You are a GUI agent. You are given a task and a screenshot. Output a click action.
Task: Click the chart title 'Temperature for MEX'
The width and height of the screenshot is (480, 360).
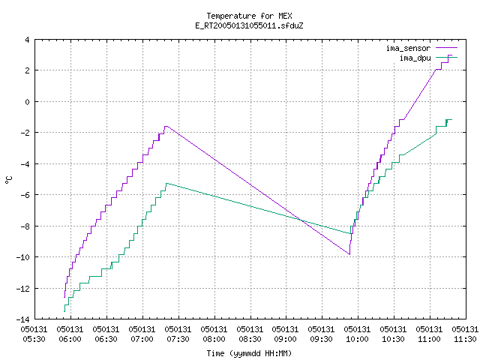pyautogui.click(x=249, y=16)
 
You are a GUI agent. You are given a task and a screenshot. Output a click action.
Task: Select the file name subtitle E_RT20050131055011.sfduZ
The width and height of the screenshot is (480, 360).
pyautogui.click(x=249, y=25)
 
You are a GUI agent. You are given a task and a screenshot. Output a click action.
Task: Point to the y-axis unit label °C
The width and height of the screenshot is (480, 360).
pyautogui.click(x=8, y=180)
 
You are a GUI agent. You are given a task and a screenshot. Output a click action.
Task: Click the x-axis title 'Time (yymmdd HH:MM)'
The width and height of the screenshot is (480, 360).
pyautogui.click(x=249, y=353)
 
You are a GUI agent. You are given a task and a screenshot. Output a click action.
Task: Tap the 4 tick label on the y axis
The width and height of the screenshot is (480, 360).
pyautogui.click(x=27, y=40)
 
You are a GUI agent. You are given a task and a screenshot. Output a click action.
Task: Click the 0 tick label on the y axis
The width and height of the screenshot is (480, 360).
pyautogui.click(x=27, y=102)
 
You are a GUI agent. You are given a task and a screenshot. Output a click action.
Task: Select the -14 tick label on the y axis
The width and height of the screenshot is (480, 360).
pyautogui.click(x=22, y=319)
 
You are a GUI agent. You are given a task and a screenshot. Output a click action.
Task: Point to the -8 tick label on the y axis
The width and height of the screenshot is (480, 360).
pyautogui.click(x=25, y=226)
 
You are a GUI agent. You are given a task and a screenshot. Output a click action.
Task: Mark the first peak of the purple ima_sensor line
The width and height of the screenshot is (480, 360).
pyautogui.click(x=166, y=126)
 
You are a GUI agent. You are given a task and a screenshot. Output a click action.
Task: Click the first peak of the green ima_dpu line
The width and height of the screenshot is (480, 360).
pyautogui.click(x=166, y=183)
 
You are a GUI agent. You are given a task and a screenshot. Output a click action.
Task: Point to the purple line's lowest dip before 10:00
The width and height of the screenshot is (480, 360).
pyautogui.click(x=349, y=254)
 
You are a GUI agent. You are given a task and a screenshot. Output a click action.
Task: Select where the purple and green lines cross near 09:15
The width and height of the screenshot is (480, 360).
pyautogui.click(x=301, y=220)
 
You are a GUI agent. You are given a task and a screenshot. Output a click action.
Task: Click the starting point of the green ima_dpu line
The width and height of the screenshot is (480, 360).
pyautogui.click(x=64, y=312)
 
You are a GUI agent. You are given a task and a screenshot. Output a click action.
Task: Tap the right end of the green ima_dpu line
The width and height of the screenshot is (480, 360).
pyautogui.click(x=451, y=120)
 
